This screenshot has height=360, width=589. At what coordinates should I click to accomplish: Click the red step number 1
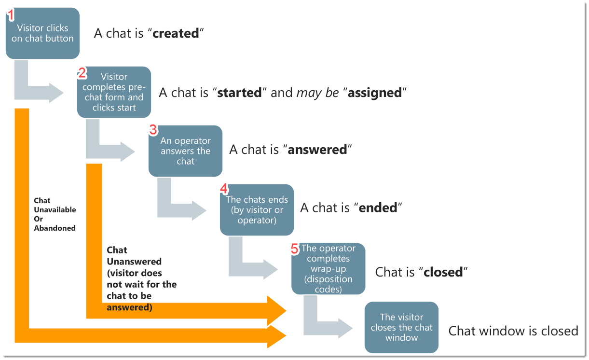click(11, 15)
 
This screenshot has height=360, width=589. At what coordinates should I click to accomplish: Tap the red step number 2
click(82, 73)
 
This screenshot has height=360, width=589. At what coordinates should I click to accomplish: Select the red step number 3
click(153, 130)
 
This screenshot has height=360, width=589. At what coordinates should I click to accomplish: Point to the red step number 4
click(224, 189)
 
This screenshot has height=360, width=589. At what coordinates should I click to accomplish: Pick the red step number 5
click(295, 249)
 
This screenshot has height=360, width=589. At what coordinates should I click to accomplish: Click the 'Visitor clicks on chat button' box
click(42, 34)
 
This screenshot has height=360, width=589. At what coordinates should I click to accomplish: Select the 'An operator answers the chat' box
click(185, 151)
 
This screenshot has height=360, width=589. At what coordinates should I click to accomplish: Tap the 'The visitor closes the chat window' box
click(401, 328)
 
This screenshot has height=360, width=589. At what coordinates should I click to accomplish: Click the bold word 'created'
click(176, 34)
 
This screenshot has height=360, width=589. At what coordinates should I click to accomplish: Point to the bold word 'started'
click(239, 93)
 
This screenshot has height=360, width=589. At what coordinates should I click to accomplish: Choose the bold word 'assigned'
click(375, 93)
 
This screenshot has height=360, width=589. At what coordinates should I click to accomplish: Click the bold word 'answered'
click(317, 150)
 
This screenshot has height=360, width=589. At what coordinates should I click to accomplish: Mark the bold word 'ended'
click(379, 208)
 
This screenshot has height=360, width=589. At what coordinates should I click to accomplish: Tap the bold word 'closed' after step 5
click(443, 272)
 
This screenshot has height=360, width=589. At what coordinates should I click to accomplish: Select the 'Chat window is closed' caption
click(513, 331)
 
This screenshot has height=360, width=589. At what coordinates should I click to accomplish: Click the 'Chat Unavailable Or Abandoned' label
click(55, 214)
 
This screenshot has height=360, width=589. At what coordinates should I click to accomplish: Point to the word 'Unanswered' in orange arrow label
click(134, 262)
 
